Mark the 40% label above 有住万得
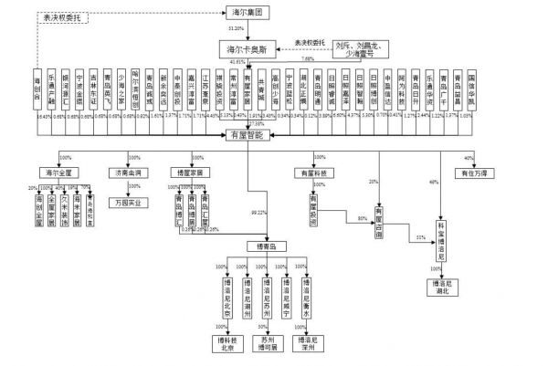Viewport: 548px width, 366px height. [x=469, y=157]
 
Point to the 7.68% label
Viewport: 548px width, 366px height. [x=308, y=58]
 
